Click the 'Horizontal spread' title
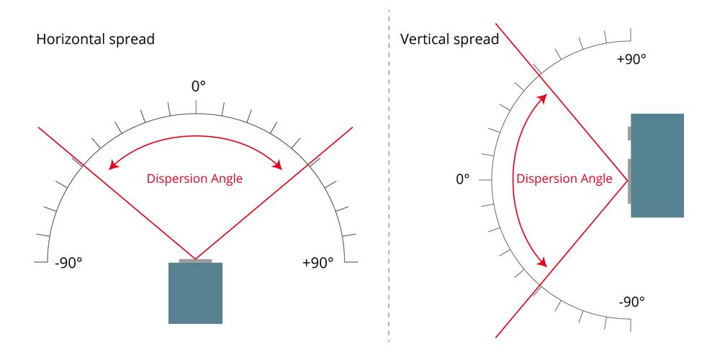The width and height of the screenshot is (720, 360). (x=96, y=40)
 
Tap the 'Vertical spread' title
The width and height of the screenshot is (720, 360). (x=449, y=40)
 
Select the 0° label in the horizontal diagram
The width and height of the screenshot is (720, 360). (x=199, y=86)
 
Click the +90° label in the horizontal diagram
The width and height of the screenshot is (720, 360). (x=318, y=263)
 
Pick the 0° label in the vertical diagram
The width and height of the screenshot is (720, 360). (x=463, y=179)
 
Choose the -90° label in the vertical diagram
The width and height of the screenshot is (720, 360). (x=632, y=302)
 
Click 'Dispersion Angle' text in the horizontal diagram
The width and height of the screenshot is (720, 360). (x=194, y=179)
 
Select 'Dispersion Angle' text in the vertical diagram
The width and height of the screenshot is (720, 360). (x=564, y=179)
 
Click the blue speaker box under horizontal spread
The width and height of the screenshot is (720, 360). (x=196, y=293)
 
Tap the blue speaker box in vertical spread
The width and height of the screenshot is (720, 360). (x=657, y=166)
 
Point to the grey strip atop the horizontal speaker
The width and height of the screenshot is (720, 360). (x=196, y=261)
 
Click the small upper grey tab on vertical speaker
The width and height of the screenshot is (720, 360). (x=629, y=133)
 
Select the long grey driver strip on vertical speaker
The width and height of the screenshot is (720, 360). (x=629, y=181)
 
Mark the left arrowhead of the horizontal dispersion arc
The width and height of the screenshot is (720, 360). (x=112, y=166)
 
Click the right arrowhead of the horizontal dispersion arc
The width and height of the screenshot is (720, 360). (x=278, y=166)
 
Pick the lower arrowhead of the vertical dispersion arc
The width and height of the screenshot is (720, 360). (x=542, y=262)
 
